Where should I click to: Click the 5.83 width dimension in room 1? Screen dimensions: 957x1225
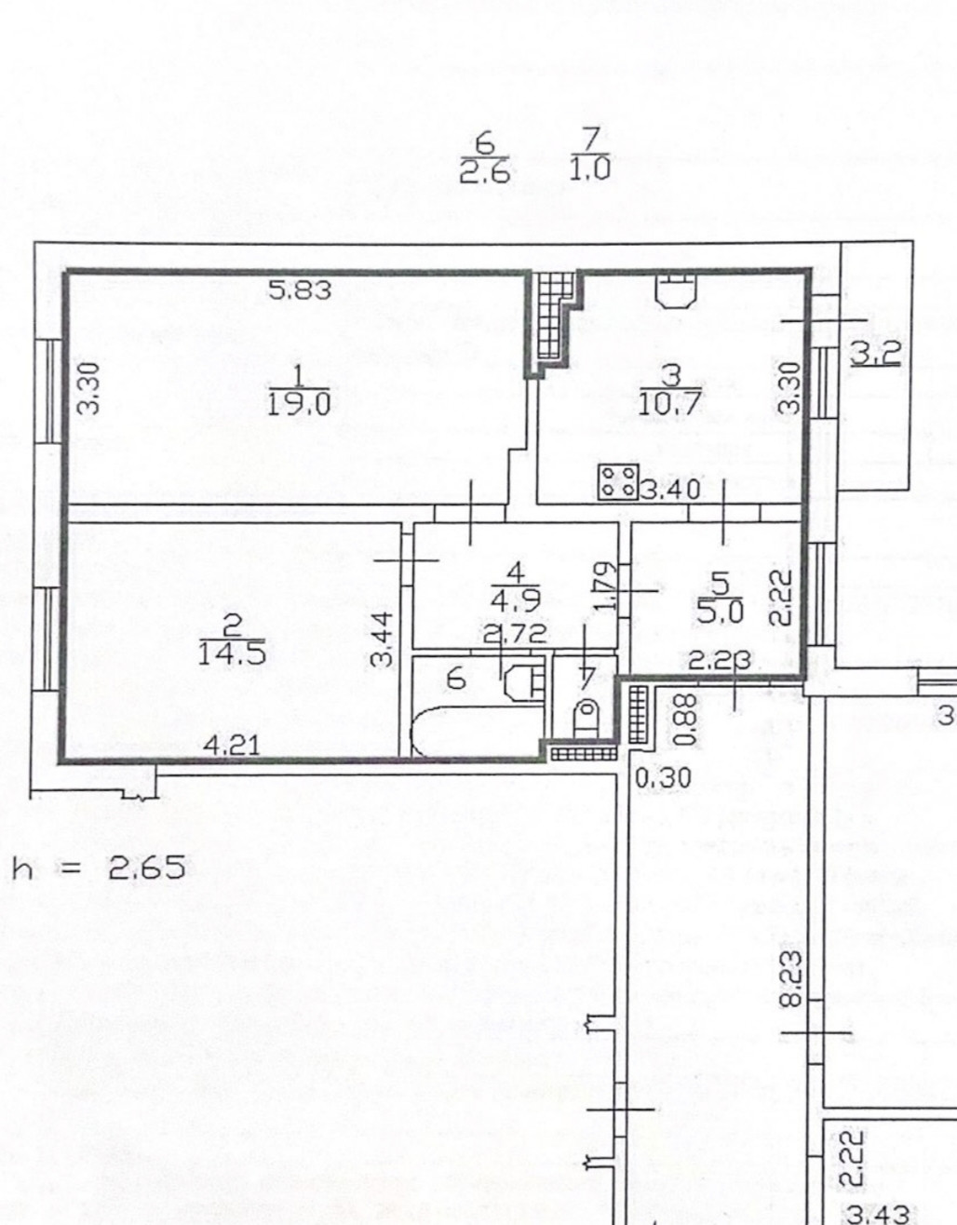(300, 290)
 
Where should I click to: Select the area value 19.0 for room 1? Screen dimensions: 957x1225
(298, 404)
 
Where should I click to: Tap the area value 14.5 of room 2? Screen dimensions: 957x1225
(232, 653)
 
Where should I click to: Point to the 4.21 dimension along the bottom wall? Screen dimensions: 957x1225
(228, 745)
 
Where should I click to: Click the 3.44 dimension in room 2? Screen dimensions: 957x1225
(380, 638)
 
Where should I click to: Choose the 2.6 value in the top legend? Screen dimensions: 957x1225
(484, 171)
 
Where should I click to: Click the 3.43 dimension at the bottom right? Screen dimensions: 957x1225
(879, 1214)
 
